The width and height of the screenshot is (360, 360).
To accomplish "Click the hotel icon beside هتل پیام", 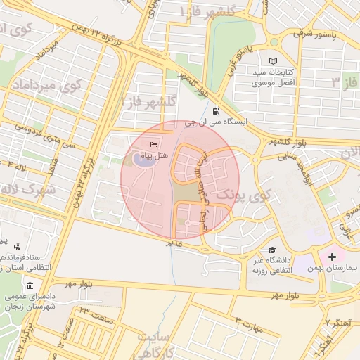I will tap(154, 144).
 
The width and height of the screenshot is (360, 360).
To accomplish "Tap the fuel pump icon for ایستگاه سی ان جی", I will tap(214, 111).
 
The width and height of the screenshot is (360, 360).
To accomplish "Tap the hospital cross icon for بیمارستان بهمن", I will tap(332, 257).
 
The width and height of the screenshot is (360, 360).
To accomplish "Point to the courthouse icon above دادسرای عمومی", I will tap(30, 285).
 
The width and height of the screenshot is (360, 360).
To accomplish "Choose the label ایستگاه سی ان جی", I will tap(217, 122).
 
